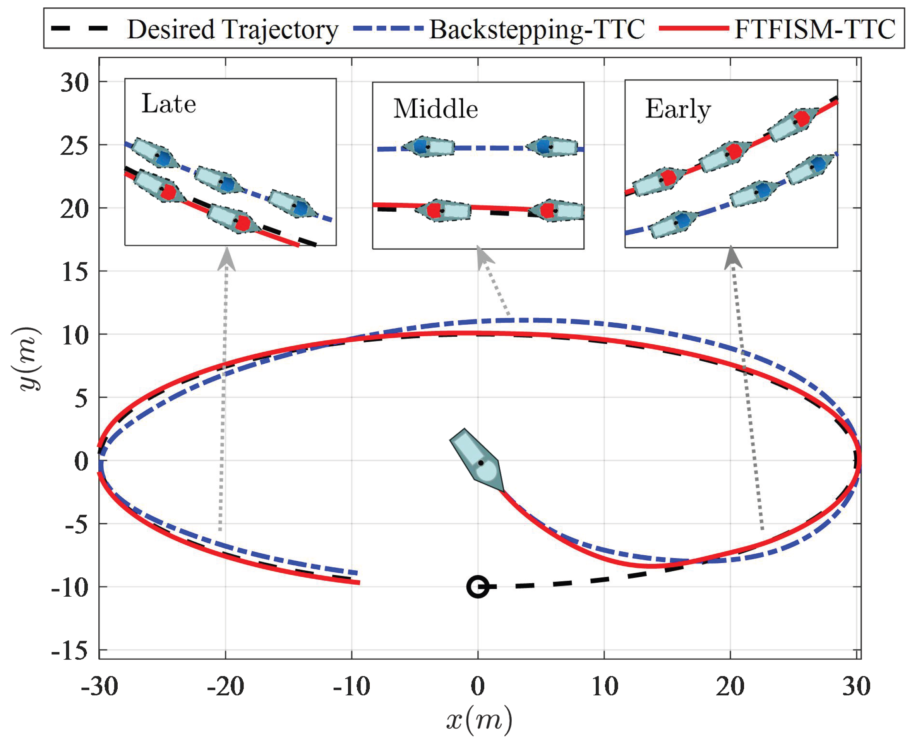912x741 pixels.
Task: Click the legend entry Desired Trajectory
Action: (233, 29)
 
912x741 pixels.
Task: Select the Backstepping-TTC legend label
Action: (537, 29)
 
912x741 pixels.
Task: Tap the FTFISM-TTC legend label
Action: (815, 29)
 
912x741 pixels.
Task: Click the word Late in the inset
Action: (169, 104)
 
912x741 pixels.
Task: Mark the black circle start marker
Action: (477, 587)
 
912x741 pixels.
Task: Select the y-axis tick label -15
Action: (70, 651)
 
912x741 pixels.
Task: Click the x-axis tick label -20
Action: (225, 687)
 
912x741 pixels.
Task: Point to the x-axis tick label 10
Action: (605, 687)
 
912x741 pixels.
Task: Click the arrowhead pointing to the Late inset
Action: (226, 259)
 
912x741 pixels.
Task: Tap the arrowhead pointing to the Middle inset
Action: (484, 256)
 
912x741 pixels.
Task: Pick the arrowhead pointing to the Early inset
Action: (733, 257)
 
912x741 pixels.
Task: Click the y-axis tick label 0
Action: (81, 461)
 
